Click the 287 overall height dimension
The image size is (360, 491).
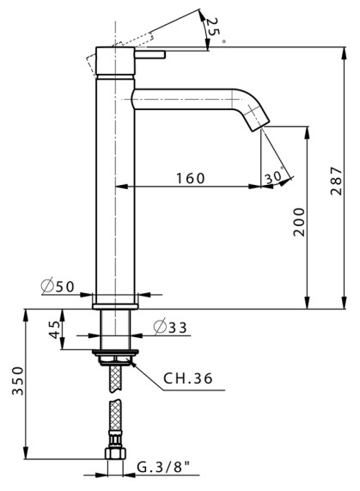(x=336, y=181)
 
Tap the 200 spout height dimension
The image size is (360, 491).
(x=299, y=222)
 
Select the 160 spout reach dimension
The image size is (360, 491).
(x=191, y=178)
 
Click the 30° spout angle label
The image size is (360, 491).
(x=275, y=176)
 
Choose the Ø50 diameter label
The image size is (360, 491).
(x=58, y=286)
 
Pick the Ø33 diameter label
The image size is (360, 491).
(x=170, y=327)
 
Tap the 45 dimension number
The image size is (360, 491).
(x=55, y=329)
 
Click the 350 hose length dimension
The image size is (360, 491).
(x=18, y=381)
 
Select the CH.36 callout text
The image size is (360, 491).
(x=187, y=378)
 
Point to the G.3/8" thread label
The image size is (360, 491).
(x=164, y=468)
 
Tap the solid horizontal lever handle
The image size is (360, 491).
(x=149, y=54)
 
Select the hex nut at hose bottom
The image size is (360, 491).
(x=115, y=453)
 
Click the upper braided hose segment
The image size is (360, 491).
(x=115, y=378)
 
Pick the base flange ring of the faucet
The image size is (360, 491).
(x=115, y=307)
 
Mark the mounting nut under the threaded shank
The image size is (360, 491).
(x=115, y=360)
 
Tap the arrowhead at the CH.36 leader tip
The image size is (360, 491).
(x=132, y=363)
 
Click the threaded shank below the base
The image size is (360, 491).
(x=115, y=329)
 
